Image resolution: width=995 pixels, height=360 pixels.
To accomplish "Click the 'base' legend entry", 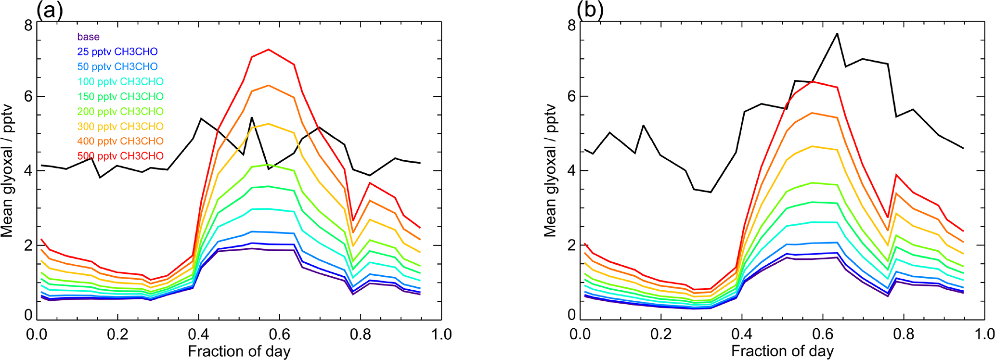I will point(88,37).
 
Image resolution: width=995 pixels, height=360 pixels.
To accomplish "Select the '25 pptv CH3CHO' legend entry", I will point(117,52).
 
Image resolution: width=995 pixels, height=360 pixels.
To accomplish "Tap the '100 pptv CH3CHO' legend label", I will point(120,82).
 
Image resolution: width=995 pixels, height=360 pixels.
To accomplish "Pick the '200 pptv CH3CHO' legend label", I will point(120,112).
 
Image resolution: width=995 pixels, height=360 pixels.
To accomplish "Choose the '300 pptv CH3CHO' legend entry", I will point(120,127).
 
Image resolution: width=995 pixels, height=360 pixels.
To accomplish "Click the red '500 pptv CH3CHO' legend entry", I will point(120,156).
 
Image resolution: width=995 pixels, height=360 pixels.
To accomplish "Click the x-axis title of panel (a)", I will point(239,351).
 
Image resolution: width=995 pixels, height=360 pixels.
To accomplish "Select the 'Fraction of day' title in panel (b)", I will point(782,351).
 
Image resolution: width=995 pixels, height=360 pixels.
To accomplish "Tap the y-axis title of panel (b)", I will point(550,171).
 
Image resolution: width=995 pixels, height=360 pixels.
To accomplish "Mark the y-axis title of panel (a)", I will point(7,171).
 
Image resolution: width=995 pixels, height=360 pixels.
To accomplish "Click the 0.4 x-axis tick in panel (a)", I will point(198,334).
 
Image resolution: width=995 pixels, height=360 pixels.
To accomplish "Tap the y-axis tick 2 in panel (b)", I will point(571,245).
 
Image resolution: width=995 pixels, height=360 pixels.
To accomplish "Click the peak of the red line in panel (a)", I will point(269,49).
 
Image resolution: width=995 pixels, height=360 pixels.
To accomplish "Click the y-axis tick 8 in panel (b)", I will point(571,25).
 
